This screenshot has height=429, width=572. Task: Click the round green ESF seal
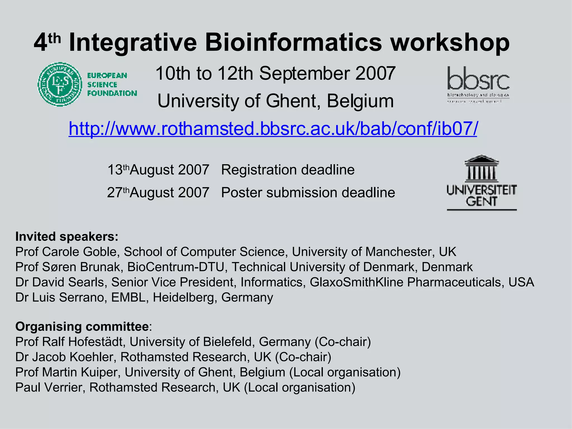point(60,84)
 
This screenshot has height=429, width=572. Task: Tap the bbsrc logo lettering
point(478,78)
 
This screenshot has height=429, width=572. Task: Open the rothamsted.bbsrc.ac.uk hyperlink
point(273,128)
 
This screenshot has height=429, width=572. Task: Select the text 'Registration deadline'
point(288,170)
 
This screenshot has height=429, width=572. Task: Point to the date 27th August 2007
point(158,192)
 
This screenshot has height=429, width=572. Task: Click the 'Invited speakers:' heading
point(67,237)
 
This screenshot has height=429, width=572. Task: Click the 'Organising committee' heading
point(82,326)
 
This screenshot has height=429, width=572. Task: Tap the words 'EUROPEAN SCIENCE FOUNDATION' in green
point(112,84)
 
